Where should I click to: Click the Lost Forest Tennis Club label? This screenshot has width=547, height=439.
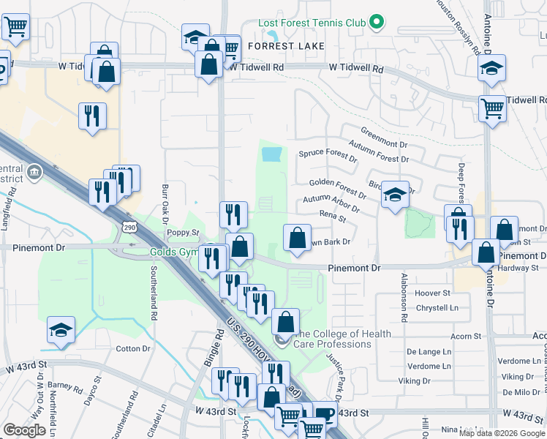[312, 23]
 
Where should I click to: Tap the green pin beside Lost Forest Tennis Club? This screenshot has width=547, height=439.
[377, 23]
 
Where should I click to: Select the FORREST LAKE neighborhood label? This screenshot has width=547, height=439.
[284, 45]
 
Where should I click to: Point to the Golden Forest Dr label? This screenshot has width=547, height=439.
[337, 187]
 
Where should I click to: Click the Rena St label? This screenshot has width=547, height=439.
[333, 214]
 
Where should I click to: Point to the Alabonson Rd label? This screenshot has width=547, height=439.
[403, 299]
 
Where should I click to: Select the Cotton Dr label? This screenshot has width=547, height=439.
[132, 348]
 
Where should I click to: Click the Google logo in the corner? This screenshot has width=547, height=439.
[24, 431]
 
